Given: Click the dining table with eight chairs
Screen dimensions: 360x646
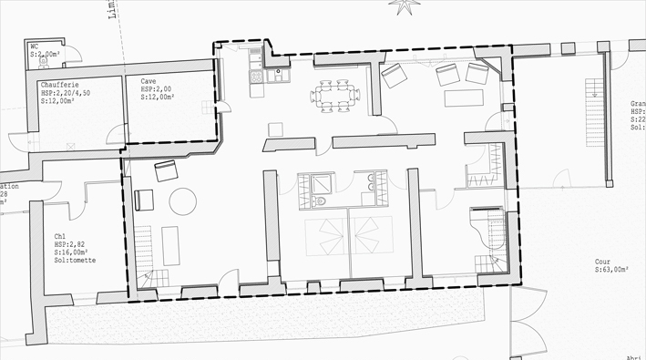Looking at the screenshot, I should pyautogui.click(x=331, y=96).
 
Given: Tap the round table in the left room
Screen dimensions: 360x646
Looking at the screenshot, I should pyautogui.click(x=183, y=201).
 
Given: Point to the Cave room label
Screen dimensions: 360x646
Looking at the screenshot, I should pyautogui.click(x=149, y=81).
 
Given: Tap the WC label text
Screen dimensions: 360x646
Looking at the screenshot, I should pyautogui.click(x=35, y=46).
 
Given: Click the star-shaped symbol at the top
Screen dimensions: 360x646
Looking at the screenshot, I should pyautogui.click(x=400, y=6).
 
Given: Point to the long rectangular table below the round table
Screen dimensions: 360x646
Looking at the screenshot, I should pyautogui.click(x=170, y=245).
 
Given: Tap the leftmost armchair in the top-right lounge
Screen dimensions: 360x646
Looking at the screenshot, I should pyautogui.click(x=395, y=76).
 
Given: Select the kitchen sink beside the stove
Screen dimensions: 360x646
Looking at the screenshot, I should pyautogui.click(x=257, y=60).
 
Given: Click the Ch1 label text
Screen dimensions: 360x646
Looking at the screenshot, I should pyautogui.click(x=60, y=237).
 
